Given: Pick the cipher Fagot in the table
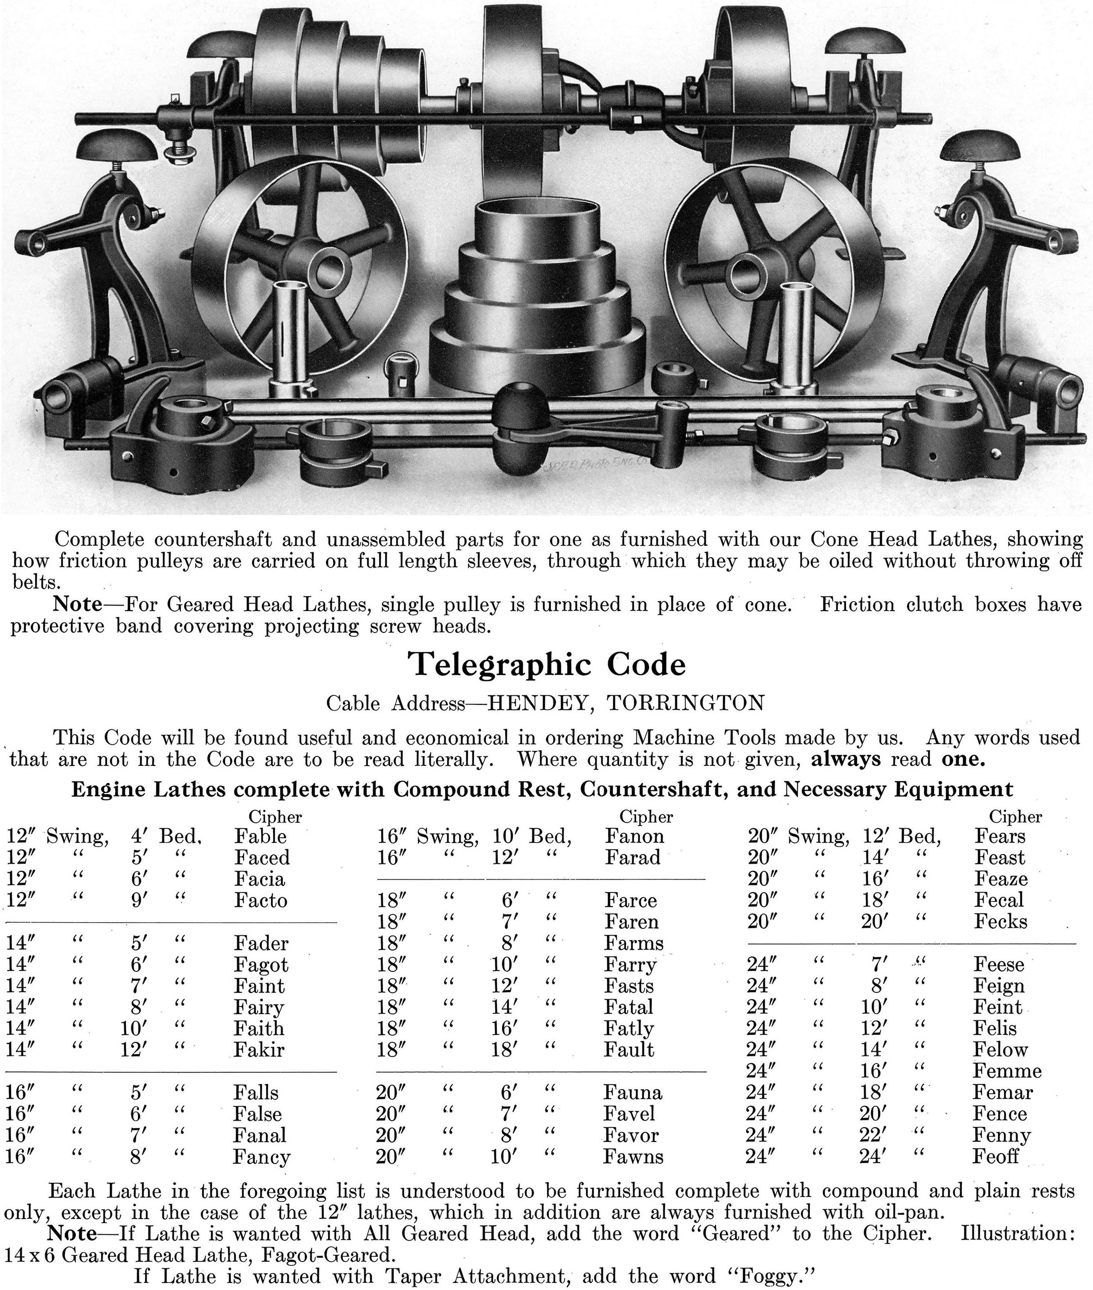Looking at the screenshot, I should coord(261,965).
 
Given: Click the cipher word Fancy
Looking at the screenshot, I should coord(262,1157).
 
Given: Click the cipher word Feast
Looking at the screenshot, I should coord(999,858).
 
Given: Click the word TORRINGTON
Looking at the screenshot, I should coord(685,703).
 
